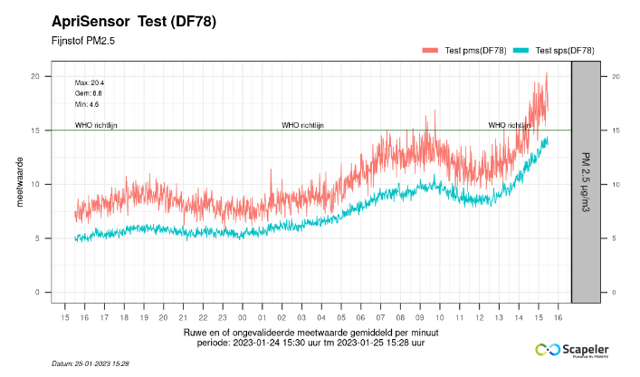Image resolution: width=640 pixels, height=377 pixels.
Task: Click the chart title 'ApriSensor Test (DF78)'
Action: click(134, 22)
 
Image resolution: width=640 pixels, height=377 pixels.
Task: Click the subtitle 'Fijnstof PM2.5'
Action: click(83, 41)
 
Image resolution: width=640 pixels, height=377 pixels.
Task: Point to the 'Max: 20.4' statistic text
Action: click(90, 82)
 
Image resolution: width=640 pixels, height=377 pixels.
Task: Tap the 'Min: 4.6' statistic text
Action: click(87, 104)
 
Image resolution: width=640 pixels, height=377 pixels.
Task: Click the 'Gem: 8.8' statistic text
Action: click(89, 93)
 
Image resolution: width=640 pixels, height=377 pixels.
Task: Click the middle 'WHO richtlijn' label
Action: click(302, 125)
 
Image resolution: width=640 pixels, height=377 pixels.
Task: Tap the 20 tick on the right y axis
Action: click(616, 76)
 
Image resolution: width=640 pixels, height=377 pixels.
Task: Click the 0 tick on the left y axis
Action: click(38, 293)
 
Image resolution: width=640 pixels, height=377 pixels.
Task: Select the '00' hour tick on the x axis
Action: click(242, 318)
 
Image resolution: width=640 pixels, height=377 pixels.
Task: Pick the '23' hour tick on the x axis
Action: click(222, 318)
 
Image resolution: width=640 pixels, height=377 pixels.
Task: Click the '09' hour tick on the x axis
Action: click(419, 318)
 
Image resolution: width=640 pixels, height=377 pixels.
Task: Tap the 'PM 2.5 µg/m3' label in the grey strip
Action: click(586, 185)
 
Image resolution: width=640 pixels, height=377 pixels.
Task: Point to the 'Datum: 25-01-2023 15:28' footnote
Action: click(91, 363)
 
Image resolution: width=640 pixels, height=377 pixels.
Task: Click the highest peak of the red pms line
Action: click(547, 73)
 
